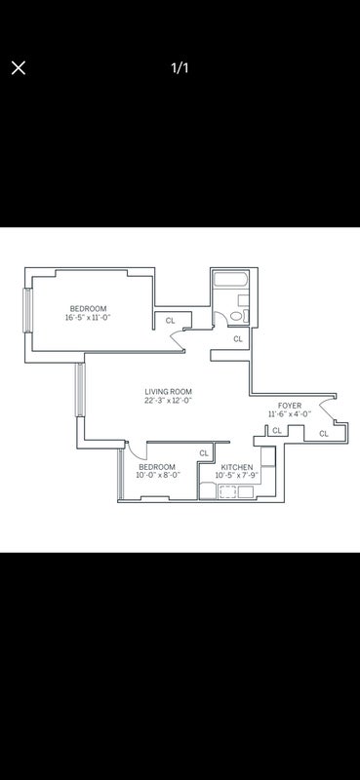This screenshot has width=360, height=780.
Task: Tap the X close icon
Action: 19,68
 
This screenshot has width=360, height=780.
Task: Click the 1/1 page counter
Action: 180,68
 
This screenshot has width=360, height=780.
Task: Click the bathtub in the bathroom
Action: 231,279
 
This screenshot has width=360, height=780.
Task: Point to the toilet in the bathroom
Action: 236,316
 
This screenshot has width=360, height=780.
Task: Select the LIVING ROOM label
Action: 169,392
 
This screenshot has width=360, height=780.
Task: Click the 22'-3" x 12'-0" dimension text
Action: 169,400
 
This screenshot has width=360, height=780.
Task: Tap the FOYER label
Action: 290,406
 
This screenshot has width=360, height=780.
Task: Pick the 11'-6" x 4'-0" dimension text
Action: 290,413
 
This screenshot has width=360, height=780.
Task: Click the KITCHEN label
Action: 237,467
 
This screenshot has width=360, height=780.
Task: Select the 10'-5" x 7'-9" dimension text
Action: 237,476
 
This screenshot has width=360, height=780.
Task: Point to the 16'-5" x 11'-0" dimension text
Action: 88,318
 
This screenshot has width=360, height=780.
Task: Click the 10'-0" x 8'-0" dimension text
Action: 157,475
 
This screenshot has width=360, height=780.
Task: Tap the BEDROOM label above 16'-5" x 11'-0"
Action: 88,308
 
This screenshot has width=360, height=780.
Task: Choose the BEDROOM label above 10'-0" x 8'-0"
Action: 157,467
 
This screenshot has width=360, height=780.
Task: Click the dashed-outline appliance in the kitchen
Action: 227,492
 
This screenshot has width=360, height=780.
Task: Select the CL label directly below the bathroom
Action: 238,338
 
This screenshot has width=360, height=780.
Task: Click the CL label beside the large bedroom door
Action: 171,321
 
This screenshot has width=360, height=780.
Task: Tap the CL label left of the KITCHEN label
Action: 204,453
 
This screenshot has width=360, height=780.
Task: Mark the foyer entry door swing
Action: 326,409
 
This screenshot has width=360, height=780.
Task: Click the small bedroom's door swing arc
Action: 136,451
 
